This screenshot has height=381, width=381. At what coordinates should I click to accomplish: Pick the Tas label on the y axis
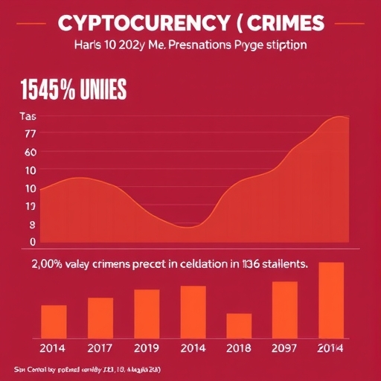tap(28, 117)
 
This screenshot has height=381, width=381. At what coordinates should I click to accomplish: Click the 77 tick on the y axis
tap(31, 135)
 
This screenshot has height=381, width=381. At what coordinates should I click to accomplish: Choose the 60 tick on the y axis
tap(31, 153)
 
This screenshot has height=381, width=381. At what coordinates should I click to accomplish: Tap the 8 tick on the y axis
tap(32, 224)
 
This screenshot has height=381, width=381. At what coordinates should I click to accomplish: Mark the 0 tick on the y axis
tap(32, 242)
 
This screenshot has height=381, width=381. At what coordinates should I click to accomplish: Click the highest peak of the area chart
tap(339, 117)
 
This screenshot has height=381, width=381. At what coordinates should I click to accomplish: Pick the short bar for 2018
tap(239, 325)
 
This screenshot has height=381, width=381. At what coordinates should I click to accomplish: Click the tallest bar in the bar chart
tap(331, 300)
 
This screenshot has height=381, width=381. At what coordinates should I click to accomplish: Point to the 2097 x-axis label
tap(284, 348)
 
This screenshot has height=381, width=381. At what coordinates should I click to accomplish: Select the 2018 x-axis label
tap(239, 348)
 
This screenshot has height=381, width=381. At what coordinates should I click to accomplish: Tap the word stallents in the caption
tap(280, 263)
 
